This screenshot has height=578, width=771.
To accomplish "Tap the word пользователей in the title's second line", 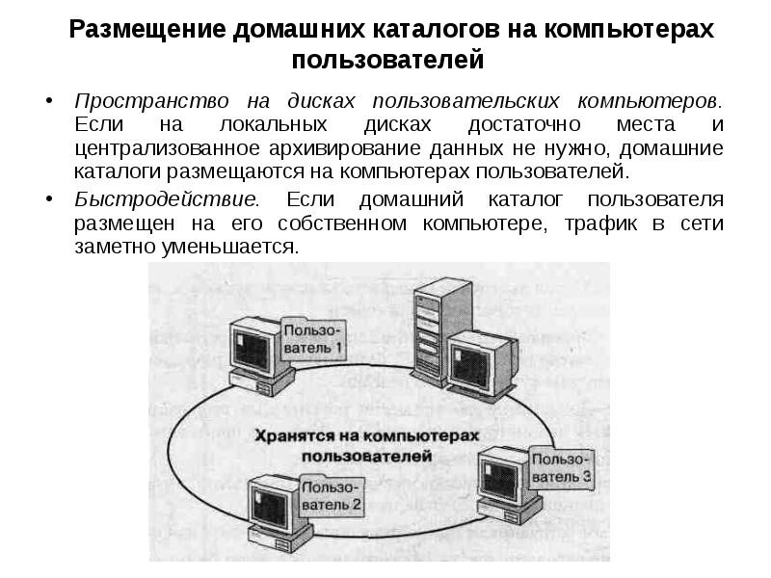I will point(385,63).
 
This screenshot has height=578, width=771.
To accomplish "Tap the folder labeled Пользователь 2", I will point(330,495).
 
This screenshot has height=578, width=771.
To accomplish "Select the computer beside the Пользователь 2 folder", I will point(274,508).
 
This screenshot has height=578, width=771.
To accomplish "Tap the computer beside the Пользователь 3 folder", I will point(503,481).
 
